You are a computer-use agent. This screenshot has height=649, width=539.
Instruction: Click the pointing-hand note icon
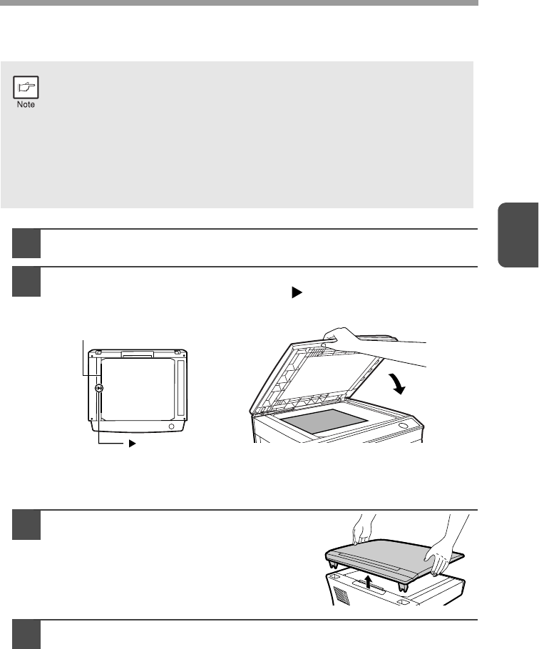[26, 87]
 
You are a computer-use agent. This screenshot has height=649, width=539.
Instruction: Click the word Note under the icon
[26, 105]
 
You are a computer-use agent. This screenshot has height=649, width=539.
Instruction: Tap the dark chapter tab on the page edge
[518, 235]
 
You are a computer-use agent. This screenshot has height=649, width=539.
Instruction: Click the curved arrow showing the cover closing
[398, 383]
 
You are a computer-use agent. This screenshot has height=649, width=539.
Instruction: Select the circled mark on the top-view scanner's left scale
[99, 388]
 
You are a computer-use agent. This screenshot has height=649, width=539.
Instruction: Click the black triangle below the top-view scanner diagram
[133, 444]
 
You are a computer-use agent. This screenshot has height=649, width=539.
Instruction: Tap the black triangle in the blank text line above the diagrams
[297, 292]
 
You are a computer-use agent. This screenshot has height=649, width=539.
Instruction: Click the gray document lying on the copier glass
[324, 421]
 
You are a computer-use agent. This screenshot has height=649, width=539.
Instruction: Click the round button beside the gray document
[402, 426]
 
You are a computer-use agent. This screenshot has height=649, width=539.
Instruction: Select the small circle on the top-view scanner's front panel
[171, 426]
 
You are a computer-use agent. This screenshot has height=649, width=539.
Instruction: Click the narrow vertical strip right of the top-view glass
[180, 388]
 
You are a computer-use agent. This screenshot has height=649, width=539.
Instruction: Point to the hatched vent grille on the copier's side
[342, 596]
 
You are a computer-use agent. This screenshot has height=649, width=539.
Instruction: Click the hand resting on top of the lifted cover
[362, 532]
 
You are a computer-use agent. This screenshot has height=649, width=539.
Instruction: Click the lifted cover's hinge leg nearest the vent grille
[332, 564]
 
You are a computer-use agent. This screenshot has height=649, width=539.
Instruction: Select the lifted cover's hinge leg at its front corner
[403, 586]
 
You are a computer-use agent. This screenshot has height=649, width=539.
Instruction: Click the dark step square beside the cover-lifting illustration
[26, 525]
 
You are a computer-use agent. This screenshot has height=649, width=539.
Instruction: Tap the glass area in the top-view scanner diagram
[138, 389]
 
